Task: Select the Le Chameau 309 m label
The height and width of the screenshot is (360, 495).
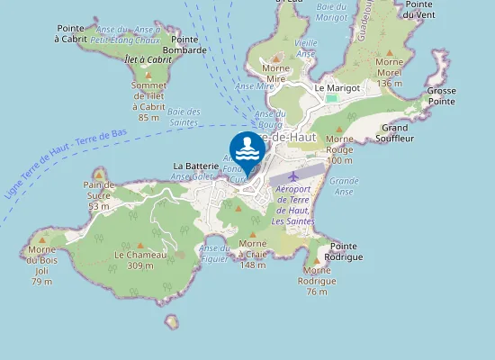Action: pos(140,260)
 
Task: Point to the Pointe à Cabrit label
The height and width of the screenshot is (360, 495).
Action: pos(71,33)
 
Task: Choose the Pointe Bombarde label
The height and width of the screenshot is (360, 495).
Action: pos(185,45)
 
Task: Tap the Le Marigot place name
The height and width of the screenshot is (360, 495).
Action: pos(337,88)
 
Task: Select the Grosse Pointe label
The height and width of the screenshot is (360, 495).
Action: pos(441,96)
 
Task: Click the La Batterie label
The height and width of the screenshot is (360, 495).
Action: pos(192,166)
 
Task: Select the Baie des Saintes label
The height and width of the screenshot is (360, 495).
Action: pos(184,117)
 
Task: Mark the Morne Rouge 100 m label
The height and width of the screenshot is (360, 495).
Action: pos(339,149)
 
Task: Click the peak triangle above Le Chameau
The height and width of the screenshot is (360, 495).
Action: pos(139,245)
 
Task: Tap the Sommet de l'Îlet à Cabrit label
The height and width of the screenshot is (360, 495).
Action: pos(149,100)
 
